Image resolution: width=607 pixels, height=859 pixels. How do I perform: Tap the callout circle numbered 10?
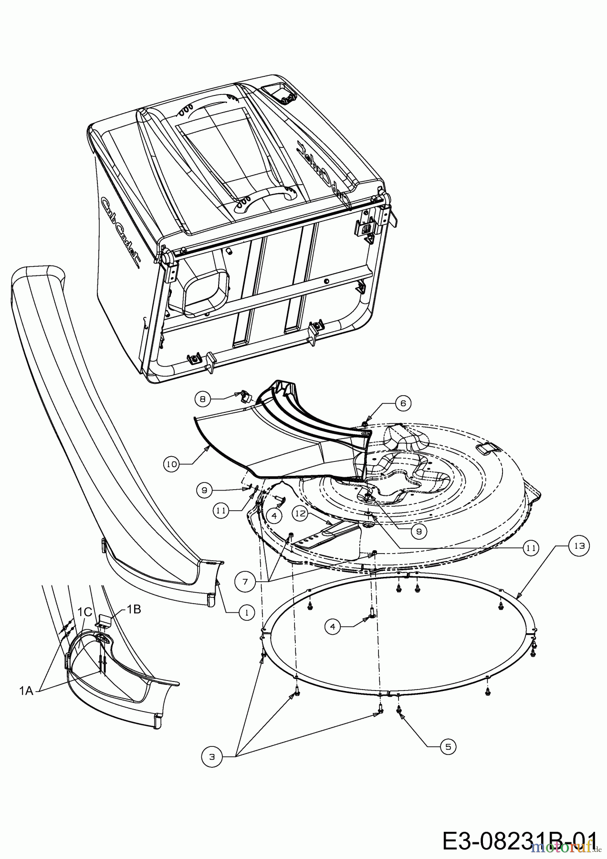click(172, 463)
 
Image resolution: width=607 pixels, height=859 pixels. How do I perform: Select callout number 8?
click(203, 399)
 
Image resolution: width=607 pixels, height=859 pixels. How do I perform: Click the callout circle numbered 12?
click(300, 513)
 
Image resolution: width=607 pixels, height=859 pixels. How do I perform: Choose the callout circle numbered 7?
click(244, 581)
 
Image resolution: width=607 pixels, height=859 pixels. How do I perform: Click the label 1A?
click(26, 690)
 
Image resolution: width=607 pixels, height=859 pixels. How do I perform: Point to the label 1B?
click(134, 609)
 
